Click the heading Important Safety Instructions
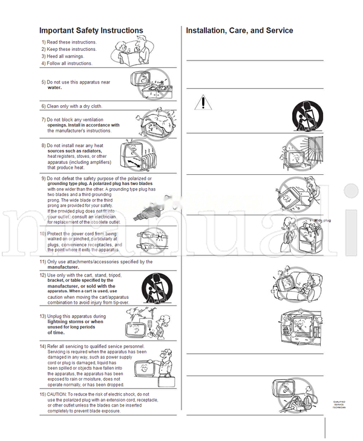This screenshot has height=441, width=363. [x=91, y=30]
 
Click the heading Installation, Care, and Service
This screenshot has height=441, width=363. [x=240, y=30]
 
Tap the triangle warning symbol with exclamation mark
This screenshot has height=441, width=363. [x=204, y=102]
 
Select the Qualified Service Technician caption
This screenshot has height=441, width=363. [x=339, y=405]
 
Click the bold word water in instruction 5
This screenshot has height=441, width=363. [x=54, y=88]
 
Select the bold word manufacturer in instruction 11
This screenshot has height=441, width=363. [x=63, y=267]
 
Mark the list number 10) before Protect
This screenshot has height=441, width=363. [x=43, y=234]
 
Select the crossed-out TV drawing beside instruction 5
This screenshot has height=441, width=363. [x=152, y=85]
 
